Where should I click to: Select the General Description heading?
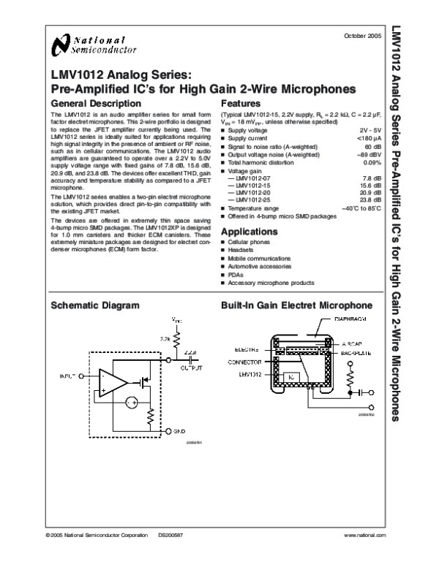tap(91, 104)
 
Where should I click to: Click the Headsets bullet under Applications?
tap(242, 250)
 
